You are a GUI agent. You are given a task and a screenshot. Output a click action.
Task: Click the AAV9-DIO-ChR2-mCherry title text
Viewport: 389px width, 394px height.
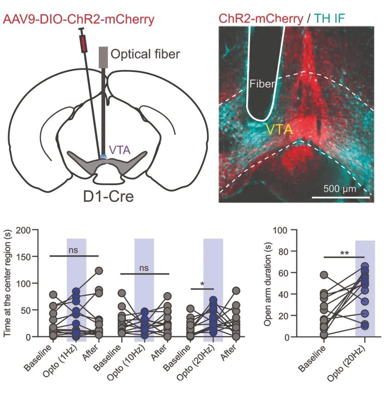click(x=79, y=18)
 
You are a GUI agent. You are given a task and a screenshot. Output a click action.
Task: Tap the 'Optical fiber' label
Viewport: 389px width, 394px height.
click(x=145, y=54)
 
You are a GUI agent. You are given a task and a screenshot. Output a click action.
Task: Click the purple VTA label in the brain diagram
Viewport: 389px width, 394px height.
click(x=120, y=149)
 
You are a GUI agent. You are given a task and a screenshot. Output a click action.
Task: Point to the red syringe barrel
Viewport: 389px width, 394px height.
click(x=84, y=44)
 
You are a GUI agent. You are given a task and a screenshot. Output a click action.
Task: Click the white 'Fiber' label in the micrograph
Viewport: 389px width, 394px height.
click(x=262, y=85)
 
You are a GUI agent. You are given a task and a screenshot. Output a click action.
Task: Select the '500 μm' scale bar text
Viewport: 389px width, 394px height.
click(x=339, y=189)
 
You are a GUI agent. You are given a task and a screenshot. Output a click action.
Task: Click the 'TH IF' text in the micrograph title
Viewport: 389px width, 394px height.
click(x=329, y=18)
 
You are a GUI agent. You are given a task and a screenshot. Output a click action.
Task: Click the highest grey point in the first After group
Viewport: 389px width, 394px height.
click(x=99, y=271)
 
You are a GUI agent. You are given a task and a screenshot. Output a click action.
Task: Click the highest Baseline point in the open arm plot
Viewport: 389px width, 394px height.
click(x=324, y=275)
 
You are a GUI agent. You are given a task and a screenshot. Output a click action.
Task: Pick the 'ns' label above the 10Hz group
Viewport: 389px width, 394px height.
click(x=144, y=268)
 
